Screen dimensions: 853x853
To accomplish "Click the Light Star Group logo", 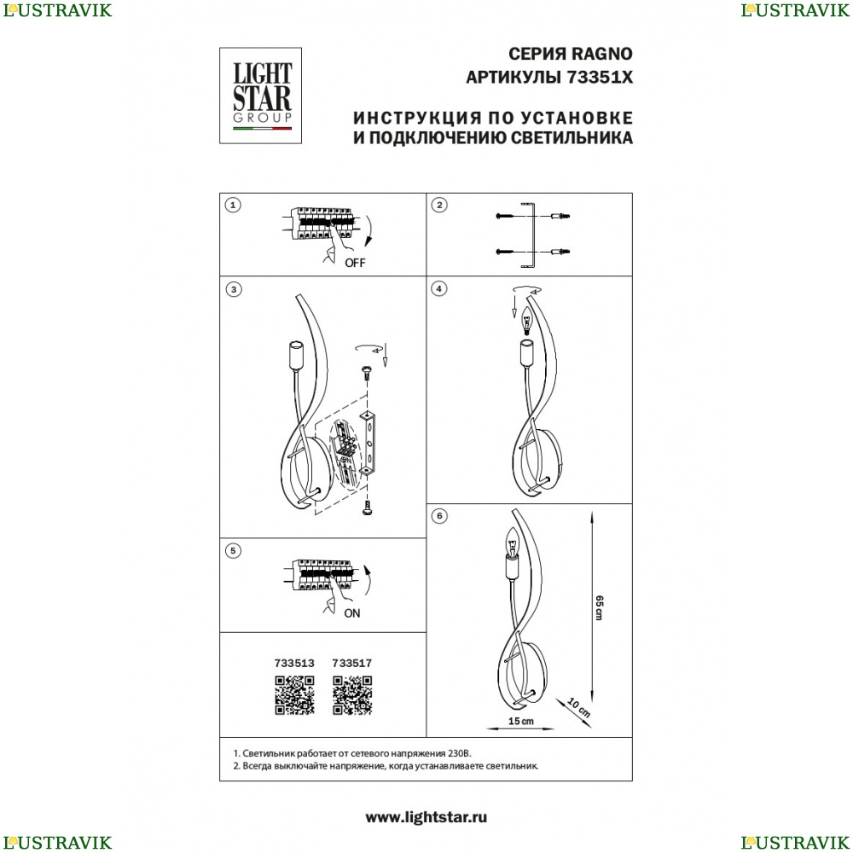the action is (x=260, y=96).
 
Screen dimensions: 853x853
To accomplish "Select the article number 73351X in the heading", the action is (x=600, y=78).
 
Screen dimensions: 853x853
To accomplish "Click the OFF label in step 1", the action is (x=355, y=263).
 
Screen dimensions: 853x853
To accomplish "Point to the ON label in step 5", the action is (x=352, y=613).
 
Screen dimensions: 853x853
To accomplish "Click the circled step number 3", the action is (x=234, y=289).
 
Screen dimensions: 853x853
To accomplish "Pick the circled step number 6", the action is (x=439, y=516).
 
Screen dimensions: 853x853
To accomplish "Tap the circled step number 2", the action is (x=439, y=205).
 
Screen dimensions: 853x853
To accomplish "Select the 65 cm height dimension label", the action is (x=600, y=607).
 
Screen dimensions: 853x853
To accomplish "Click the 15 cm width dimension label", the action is (x=520, y=722).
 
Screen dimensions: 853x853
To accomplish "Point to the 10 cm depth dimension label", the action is (x=578, y=706).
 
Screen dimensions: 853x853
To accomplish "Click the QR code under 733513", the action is (x=294, y=695).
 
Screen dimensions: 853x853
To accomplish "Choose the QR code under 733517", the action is (x=352, y=695).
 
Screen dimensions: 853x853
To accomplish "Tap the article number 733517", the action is (x=352, y=663).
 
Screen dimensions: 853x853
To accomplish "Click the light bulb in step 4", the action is (x=526, y=321).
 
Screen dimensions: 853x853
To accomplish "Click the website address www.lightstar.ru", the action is (x=426, y=817).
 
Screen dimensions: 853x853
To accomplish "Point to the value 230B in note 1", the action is (x=460, y=753).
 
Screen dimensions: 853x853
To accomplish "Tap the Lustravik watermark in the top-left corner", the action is (x=57, y=10).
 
